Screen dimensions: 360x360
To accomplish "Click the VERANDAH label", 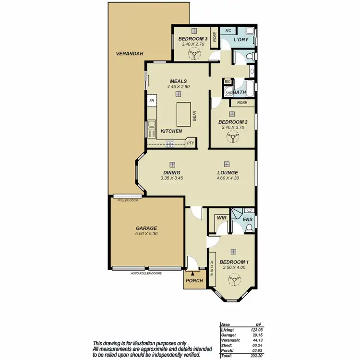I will coord(126,54).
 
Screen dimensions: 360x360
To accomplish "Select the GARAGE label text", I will coord(146,228).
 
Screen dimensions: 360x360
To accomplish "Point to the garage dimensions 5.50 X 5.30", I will coord(146,234).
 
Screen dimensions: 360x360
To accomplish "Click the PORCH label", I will coord(194,281).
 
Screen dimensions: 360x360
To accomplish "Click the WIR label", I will coord(221,219).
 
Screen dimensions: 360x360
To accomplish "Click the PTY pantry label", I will coord(191,143).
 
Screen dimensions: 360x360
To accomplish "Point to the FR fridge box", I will coord(152,101).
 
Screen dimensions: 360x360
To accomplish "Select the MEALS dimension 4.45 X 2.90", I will coord(178,87).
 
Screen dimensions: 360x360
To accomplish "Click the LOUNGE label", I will coord(228,172).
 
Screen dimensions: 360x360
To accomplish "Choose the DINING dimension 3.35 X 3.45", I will coord(172,178).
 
